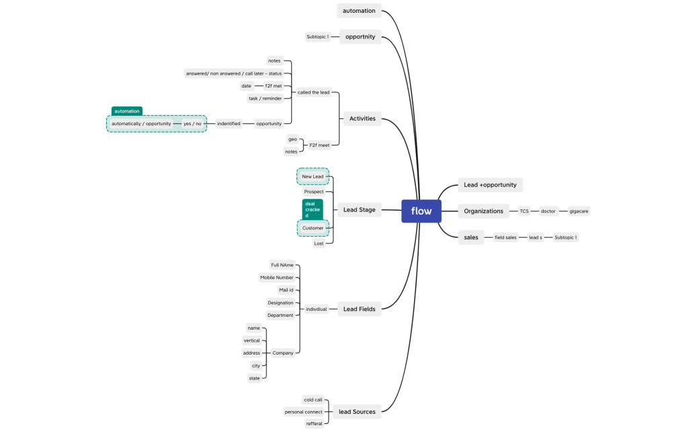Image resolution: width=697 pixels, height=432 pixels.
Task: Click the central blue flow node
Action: (421, 211)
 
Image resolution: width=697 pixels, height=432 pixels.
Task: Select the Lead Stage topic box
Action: (359, 210)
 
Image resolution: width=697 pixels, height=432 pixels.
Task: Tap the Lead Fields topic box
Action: (359, 310)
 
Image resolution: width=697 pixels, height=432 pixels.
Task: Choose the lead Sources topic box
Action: (357, 412)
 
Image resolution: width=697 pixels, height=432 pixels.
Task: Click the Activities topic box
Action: (362, 119)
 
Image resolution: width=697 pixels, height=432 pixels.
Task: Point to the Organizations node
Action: (483, 211)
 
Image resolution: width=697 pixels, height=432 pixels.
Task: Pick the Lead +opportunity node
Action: (490, 185)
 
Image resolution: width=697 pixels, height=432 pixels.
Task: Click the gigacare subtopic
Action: (579, 211)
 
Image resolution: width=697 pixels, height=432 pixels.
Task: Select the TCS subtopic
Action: (524, 211)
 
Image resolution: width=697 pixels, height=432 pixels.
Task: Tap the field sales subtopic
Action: (505, 238)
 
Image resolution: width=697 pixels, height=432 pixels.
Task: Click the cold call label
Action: (313, 400)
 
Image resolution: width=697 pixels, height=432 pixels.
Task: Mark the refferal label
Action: (314, 424)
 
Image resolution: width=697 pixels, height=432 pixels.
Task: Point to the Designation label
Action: (280, 303)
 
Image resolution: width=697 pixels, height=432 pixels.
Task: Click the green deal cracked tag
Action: (313, 209)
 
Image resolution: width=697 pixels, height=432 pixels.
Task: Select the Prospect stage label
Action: (314, 192)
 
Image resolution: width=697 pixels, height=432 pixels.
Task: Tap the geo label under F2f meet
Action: (292, 139)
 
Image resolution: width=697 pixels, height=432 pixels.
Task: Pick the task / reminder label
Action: (265, 98)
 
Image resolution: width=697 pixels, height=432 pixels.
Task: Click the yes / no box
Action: (192, 124)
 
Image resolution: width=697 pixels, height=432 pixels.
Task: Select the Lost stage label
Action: (319, 244)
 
